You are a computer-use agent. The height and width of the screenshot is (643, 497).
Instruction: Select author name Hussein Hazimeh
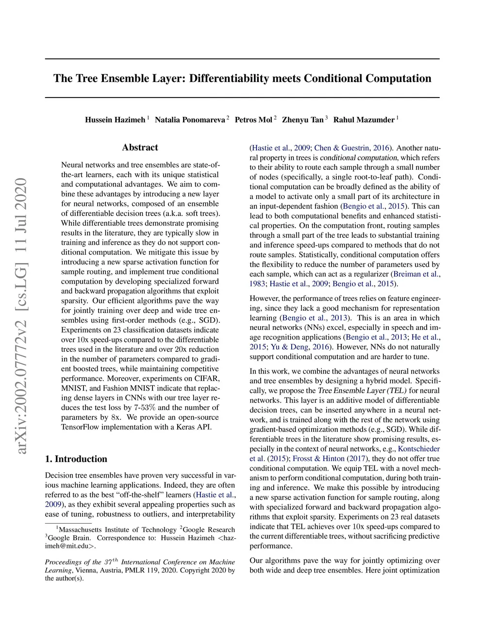coord(115,120)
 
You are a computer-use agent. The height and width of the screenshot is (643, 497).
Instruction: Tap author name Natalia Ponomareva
coord(190,120)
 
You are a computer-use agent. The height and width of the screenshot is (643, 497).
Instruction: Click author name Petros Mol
coord(253,120)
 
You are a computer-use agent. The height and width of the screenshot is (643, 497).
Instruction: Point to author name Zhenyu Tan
coord(302,120)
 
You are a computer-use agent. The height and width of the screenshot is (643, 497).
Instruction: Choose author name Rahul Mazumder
coord(364,120)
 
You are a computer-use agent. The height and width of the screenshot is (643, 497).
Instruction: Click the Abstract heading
coord(140,148)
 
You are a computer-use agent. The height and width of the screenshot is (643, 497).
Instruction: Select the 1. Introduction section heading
coord(76,459)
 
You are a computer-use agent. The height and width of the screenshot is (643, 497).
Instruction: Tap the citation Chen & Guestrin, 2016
coord(351,148)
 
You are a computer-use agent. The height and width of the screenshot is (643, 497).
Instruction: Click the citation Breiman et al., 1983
coord(416,274)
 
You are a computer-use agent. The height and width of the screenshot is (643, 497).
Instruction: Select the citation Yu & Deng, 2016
coord(300,347)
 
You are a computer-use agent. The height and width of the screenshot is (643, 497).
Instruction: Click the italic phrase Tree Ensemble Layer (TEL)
coord(362,391)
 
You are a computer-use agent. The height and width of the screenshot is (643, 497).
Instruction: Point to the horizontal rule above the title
coord(242,59)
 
